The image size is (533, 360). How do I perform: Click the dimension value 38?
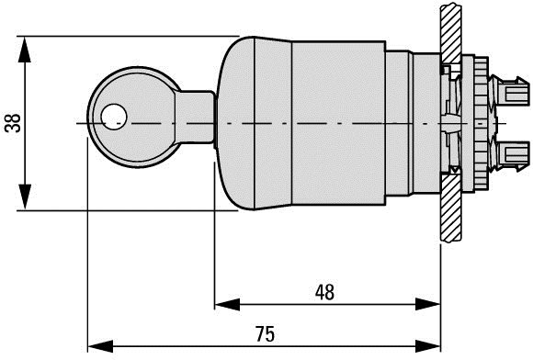click(x=13, y=123)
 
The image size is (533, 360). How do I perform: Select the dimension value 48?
click(x=324, y=292)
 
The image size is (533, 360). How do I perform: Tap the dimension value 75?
click(x=265, y=333)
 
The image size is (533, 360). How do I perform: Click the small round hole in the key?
click(x=114, y=117)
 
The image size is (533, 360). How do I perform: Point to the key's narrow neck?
click(x=195, y=118)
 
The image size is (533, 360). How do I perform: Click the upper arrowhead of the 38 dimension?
click(x=25, y=50)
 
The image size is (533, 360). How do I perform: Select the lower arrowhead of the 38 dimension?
click(x=25, y=197)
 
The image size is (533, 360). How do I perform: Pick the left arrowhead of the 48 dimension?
click(x=227, y=304)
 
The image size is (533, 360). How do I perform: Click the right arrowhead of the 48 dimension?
click(x=428, y=304)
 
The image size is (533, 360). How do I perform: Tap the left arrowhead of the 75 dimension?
click(x=100, y=346)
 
